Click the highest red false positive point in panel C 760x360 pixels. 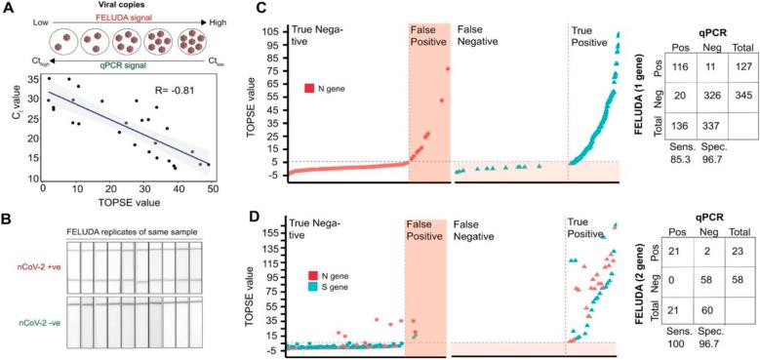pyautogui.click(x=448, y=68)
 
